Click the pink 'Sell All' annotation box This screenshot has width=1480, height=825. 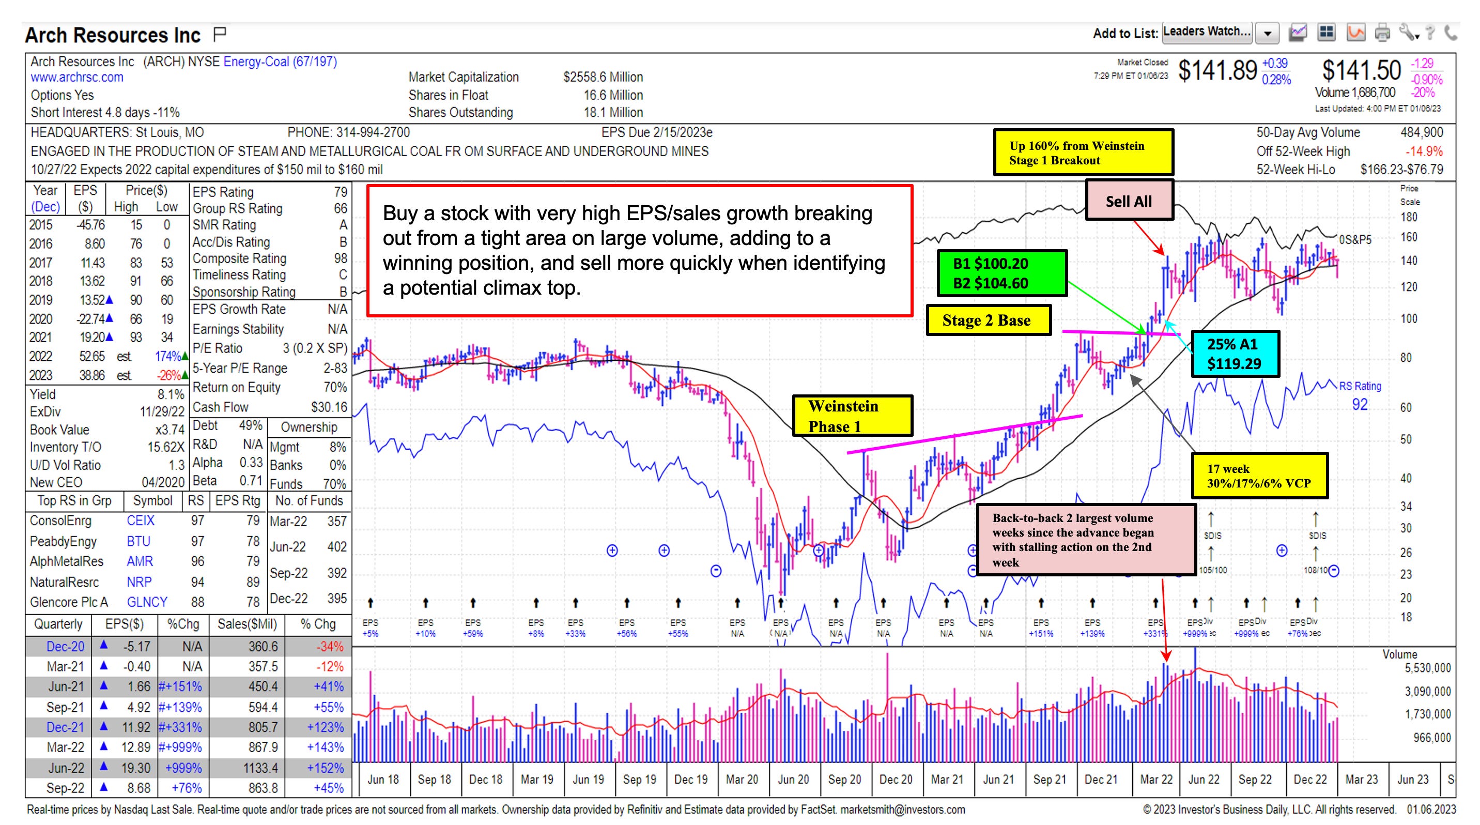click(x=1129, y=201)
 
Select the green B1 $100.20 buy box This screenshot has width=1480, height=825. click(x=1001, y=273)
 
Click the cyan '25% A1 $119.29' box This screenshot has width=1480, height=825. click(x=1235, y=354)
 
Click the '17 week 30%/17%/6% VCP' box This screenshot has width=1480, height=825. click(x=1259, y=476)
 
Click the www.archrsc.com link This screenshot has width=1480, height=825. click(x=77, y=77)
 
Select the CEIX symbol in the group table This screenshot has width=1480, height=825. click(x=141, y=521)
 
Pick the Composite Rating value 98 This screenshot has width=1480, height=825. click(x=341, y=258)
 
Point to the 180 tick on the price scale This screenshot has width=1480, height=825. click(x=1409, y=217)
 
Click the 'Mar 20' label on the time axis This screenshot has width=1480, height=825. click(x=742, y=779)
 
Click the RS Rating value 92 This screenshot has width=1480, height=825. click(x=1360, y=404)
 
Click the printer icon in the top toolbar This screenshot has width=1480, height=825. click(x=1382, y=33)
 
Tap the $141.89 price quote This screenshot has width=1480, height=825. click(x=1217, y=71)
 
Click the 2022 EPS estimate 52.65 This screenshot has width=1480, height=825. click(x=92, y=356)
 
